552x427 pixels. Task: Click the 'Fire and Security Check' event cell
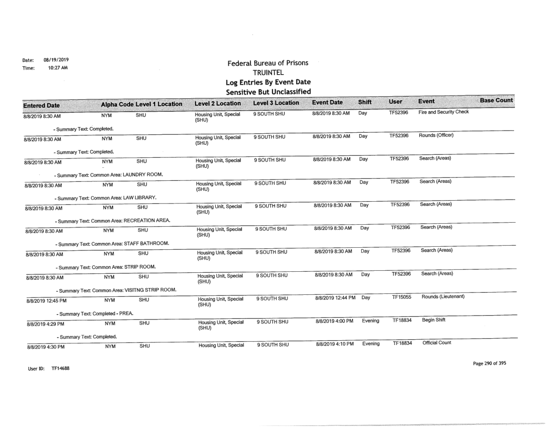pyautogui.click(x=443, y=113)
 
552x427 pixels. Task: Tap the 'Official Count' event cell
pyautogui.click(x=435, y=344)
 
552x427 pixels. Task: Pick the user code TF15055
pyautogui.click(x=402, y=297)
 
